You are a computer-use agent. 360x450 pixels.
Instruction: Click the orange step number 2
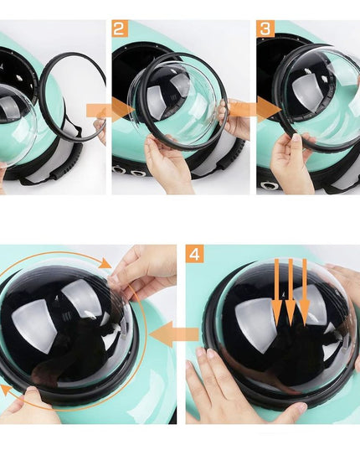point(120,28)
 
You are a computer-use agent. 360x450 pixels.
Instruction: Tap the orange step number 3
point(265,28)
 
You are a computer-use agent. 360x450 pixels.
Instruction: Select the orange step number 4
point(194,253)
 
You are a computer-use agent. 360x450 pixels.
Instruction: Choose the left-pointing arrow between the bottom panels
point(174,334)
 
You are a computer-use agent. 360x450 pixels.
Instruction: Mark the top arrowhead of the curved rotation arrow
point(105,263)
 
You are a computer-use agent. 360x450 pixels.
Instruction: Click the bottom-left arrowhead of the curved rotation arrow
point(7,391)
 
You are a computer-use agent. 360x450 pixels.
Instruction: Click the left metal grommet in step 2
point(118,170)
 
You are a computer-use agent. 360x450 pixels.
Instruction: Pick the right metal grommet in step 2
point(137,173)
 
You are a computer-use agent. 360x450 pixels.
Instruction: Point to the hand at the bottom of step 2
point(167,165)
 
